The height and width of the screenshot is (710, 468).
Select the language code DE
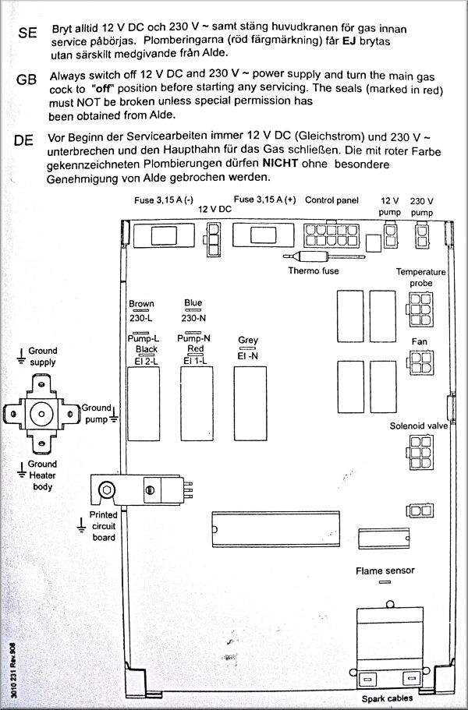tap(23, 141)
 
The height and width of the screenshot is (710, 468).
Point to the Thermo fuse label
tap(314, 271)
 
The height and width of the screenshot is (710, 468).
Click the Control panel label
tap(331, 200)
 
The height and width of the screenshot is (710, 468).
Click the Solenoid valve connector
tap(419, 454)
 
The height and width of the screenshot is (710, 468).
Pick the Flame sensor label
tap(385, 570)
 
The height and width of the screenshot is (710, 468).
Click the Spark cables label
tap(388, 699)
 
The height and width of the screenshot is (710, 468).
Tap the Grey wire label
tap(248, 341)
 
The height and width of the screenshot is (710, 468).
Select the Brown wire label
tap(141, 304)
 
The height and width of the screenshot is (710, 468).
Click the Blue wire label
tap(193, 303)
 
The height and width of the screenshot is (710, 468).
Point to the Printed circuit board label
tap(103, 527)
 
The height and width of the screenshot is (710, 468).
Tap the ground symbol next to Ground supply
tap(20, 356)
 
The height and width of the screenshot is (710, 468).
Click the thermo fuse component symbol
tap(310, 257)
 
